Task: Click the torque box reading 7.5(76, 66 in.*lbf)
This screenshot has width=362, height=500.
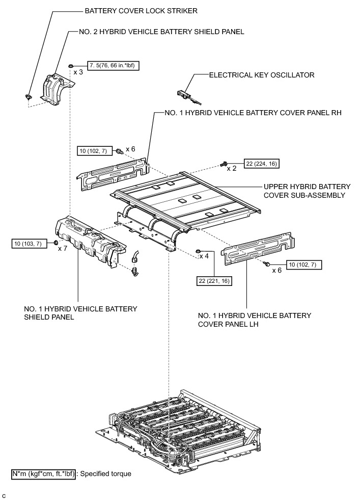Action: pos(113,65)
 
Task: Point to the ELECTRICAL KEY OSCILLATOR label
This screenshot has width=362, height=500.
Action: pos(262,75)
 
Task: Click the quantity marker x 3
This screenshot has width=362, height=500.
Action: pos(78,72)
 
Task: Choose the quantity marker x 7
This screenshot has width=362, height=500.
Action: pos(63,248)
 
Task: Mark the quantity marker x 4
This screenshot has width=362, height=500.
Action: pos(204,256)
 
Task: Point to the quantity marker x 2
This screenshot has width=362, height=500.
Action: pos(232,168)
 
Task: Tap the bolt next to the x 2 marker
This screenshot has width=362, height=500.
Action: pos(224,163)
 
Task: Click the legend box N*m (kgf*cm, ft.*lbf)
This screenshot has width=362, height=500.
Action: pos(43,473)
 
